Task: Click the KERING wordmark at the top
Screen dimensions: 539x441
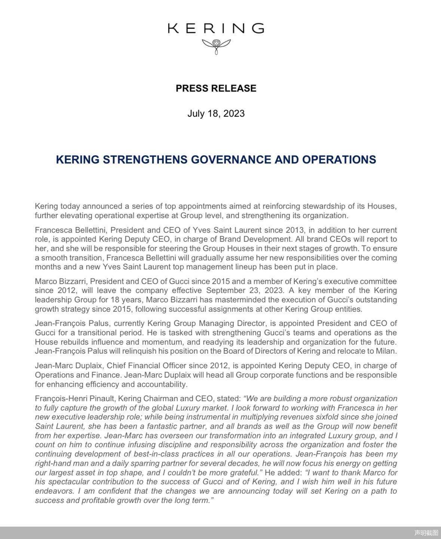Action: click(x=216, y=28)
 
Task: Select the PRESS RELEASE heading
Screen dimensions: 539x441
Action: click(x=216, y=88)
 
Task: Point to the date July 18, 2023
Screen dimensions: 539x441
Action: click(x=216, y=113)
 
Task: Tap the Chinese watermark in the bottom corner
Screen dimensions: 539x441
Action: click(x=426, y=533)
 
